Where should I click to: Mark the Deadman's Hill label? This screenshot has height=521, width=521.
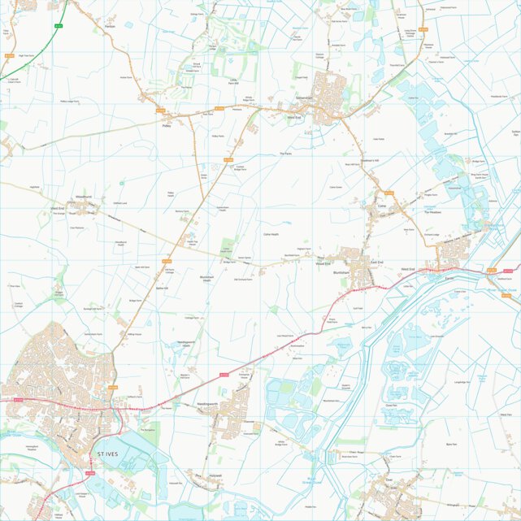[x=371, y=160]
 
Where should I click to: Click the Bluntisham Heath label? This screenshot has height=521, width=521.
[x=206, y=278]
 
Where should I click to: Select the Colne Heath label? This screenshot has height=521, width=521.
[x=271, y=234]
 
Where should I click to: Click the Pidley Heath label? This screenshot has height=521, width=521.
[x=171, y=194]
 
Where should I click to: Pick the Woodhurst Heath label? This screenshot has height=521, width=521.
[x=120, y=243]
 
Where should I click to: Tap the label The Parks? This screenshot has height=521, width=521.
[x=284, y=153]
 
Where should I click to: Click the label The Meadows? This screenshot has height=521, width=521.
[x=432, y=213]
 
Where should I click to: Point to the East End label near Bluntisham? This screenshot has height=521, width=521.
[x=376, y=263]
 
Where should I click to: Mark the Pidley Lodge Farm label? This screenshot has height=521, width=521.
[x=69, y=102]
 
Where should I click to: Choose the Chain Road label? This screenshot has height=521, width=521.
[x=354, y=452]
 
